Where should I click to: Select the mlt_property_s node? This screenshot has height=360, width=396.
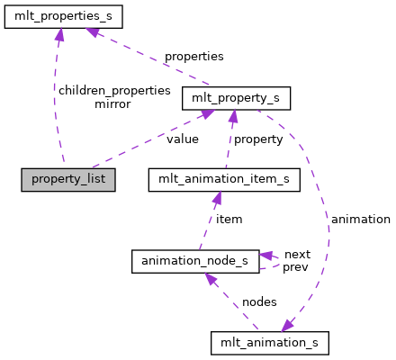pos(237,97)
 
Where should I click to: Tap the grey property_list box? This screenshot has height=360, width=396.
pos(68,178)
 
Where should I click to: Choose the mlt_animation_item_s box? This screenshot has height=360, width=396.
pos(223,179)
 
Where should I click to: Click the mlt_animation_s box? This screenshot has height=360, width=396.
pos(269,342)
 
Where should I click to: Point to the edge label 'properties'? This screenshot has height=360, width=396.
pos(193,57)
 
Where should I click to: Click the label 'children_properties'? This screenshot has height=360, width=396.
pos(113,90)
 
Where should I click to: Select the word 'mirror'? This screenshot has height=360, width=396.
pos(112,103)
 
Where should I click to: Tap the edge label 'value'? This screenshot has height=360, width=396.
pos(183,139)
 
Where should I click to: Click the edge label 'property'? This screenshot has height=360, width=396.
pos(258,139)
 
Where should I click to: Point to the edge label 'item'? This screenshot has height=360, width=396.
pos(229,219)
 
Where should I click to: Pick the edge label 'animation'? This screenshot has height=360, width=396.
pos(361,219)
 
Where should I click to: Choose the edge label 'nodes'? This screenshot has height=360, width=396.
pos(259,301)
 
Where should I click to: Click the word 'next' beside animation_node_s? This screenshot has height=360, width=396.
pos(296,255)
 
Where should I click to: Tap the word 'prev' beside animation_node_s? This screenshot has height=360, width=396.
pos(296,267)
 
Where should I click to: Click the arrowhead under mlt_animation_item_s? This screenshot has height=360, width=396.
pos(216,196)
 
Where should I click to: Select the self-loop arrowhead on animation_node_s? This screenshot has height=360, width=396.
pos(267,256)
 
